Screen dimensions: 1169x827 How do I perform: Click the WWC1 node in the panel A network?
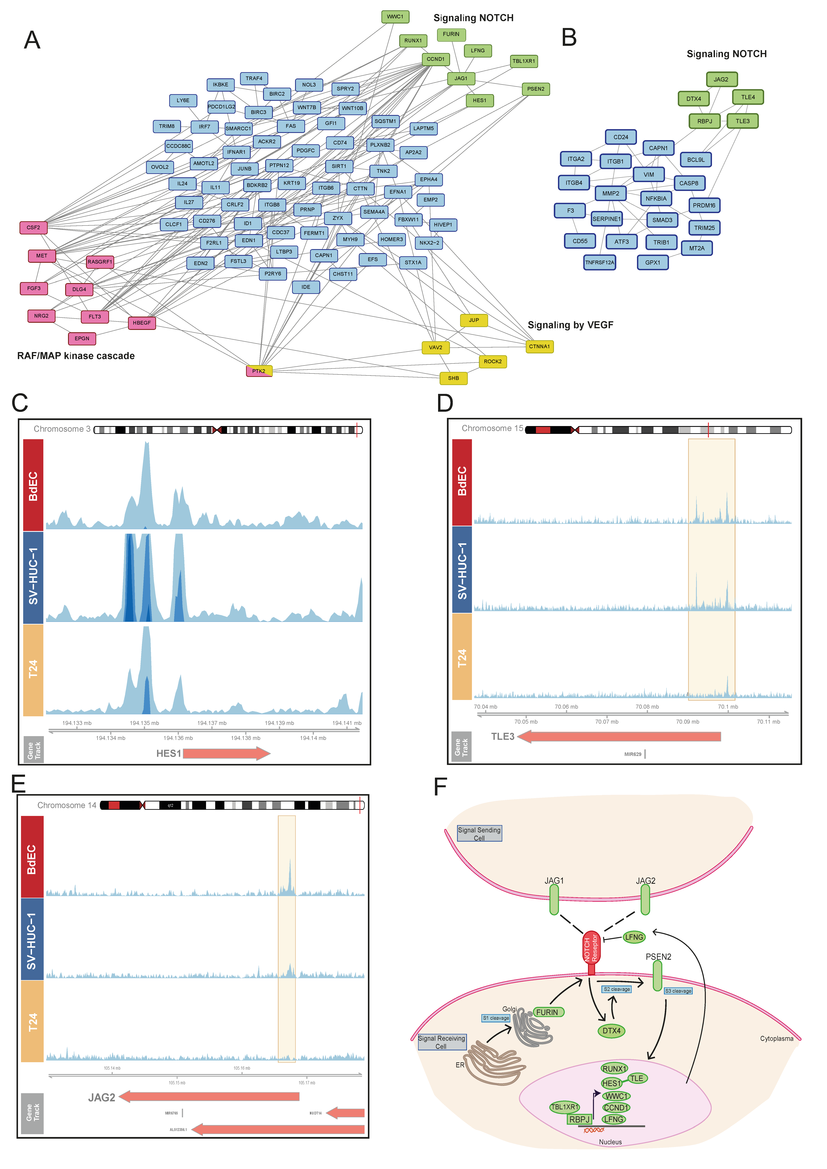[x=395, y=17]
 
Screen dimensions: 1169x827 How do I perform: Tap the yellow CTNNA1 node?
[x=539, y=347]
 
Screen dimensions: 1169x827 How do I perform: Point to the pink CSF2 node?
[x=34, y=228]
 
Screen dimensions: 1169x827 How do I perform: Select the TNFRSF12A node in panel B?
[x=600, y=263]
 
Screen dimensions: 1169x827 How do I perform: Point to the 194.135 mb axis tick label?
[x=144, y=723]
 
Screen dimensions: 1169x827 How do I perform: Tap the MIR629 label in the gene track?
[x=633, y=754]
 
